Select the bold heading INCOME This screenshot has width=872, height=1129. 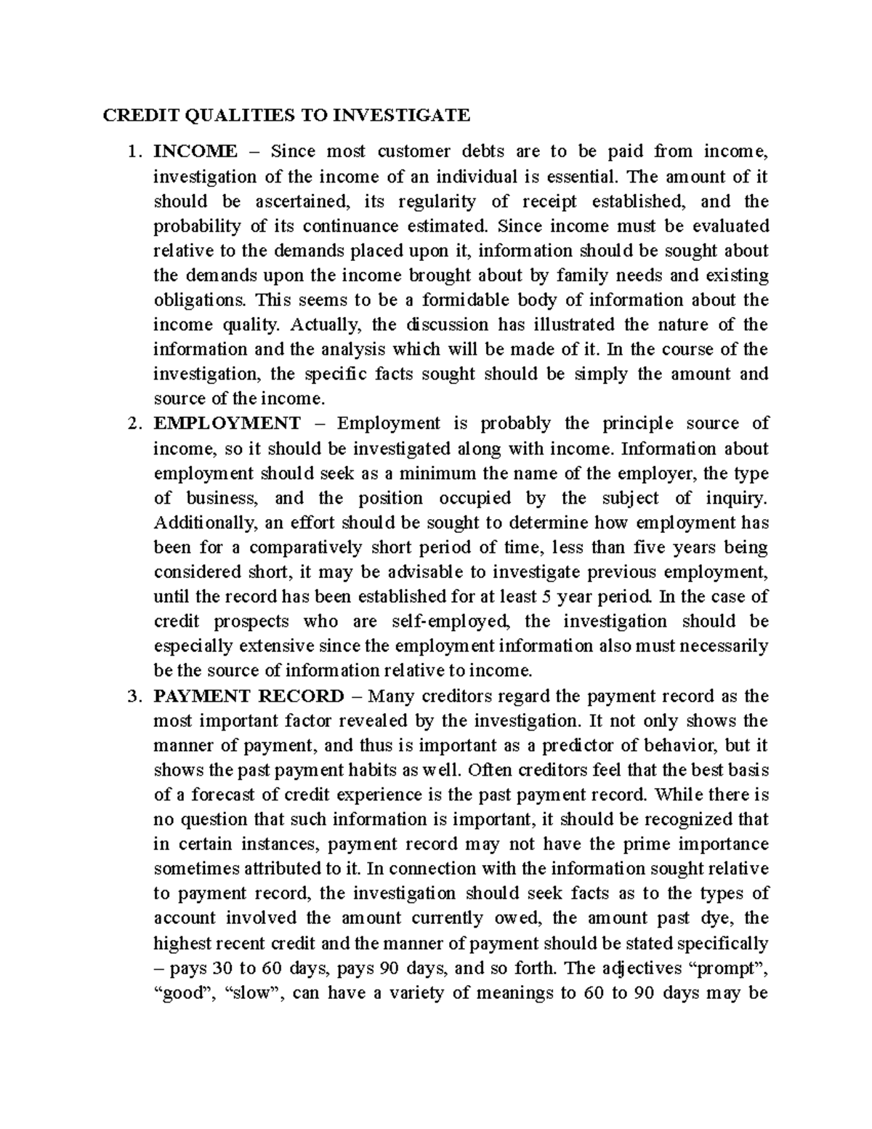(x=195, y=152)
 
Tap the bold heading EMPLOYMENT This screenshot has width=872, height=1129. (x=227, y=424)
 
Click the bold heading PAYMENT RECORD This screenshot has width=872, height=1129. (x=249, y=696)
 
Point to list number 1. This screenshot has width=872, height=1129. (x=132, y=152)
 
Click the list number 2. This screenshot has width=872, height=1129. (x=132, y=424)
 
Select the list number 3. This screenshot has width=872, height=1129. (x=132, y=696)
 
